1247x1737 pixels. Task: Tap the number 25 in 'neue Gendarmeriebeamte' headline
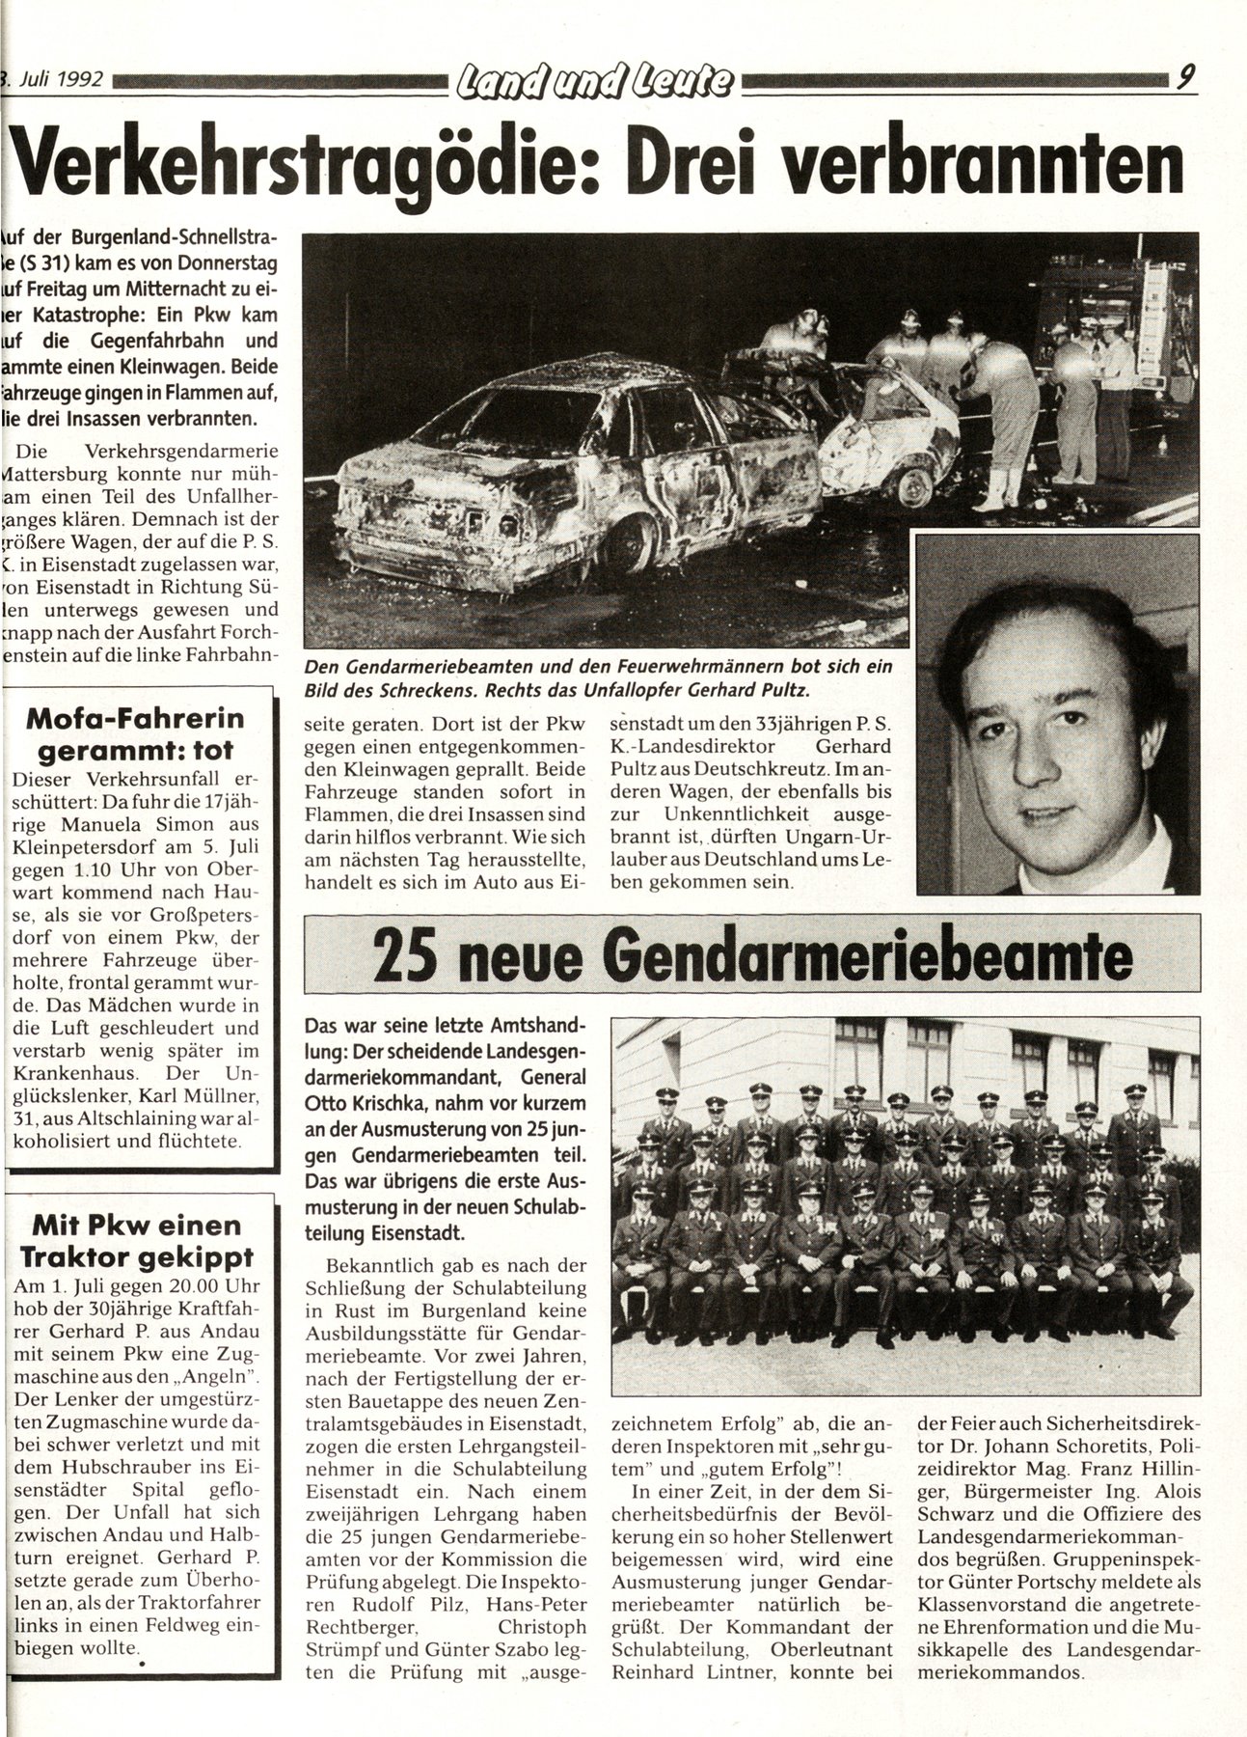point(405,954)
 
